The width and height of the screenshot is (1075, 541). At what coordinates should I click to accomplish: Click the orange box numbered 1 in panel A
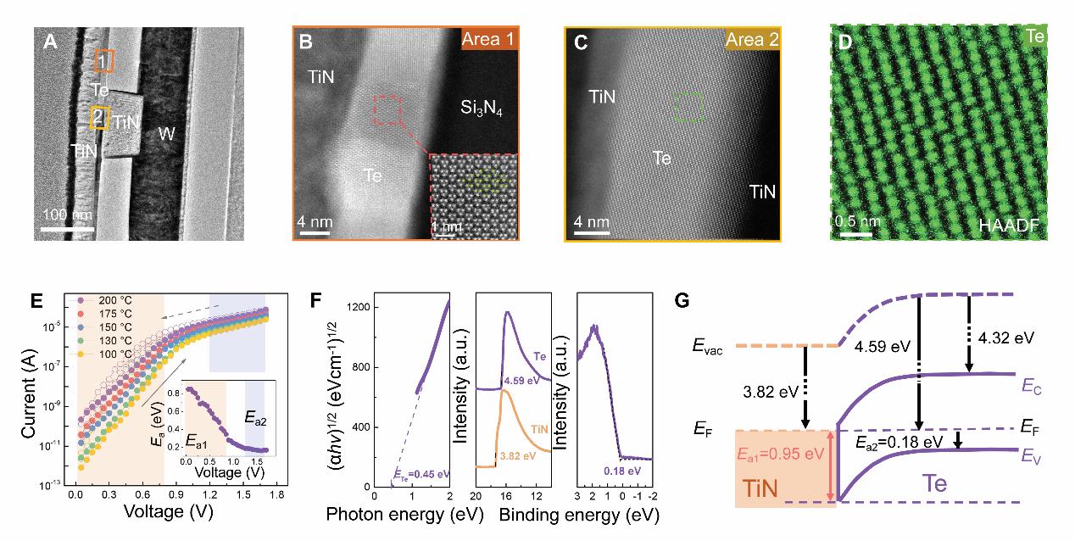pyautogui.click(x=103, y=61)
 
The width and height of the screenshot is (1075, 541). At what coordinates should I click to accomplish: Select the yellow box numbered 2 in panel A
pyautogui.click(x=100, y=118)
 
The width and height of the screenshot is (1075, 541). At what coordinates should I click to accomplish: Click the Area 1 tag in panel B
pyautogui.click(x=487, y=40)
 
